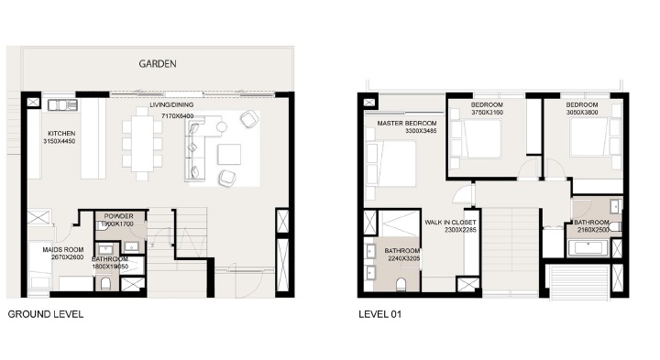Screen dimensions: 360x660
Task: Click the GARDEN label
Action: pyautogui.click(x=158, y=64)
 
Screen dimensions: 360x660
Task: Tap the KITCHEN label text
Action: pyautogui.click(x=62, y=133)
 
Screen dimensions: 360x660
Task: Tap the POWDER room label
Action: pyautogui.click(x=119, y=216)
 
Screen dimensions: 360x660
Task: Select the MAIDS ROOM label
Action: pyautogui.click(x=61, y=248)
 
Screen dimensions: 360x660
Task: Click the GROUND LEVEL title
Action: pyautogui.click(x=46, y=313)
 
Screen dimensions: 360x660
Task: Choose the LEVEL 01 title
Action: pyautogui.click(x=379, y=313)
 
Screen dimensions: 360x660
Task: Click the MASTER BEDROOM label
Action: pyautogui.click(x=406, y=123)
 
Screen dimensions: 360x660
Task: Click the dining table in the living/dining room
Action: pyautogui.click(x=141, y=145)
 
